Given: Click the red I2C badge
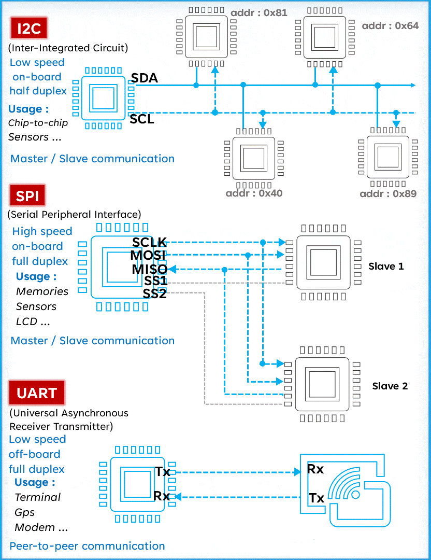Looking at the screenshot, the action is (29, 28).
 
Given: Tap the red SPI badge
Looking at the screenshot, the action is (27, 195).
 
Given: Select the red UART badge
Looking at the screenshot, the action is (37, 393).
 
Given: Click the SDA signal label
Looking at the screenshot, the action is (144, 78).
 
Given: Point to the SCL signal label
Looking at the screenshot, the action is (141, 119).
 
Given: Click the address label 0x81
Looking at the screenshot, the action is (259, 13).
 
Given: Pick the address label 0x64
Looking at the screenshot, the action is (390, 26).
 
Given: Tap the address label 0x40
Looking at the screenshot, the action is (254, 193).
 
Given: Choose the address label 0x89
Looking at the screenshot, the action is (388, 193).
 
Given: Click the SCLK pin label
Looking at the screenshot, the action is (149, 242).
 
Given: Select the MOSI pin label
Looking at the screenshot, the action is (148, 255).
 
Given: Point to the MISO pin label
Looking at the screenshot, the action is (150, 269).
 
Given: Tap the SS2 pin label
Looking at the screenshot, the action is (154, 293).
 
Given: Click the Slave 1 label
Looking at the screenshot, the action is (386, 267).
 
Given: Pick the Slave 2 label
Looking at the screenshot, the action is (390, 386).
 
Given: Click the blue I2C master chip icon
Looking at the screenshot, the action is (103, 98).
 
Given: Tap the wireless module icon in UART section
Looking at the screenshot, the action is (346, 491).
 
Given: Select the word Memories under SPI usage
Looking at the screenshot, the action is (42, 291).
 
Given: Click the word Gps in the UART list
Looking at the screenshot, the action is (25, 512).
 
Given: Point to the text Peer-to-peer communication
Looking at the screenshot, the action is (87, 546).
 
